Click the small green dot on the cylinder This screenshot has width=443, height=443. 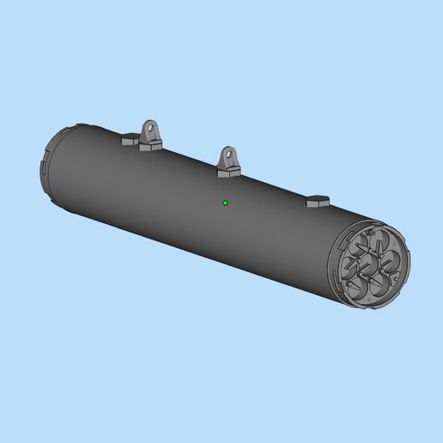(x=225, y=203)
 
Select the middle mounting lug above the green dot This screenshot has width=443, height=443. (x=229, y=159)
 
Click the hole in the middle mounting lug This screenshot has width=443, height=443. (x=230, y=155)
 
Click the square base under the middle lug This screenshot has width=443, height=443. (x=228, y=172)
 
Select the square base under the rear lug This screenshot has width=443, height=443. (x=151, y=145)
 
